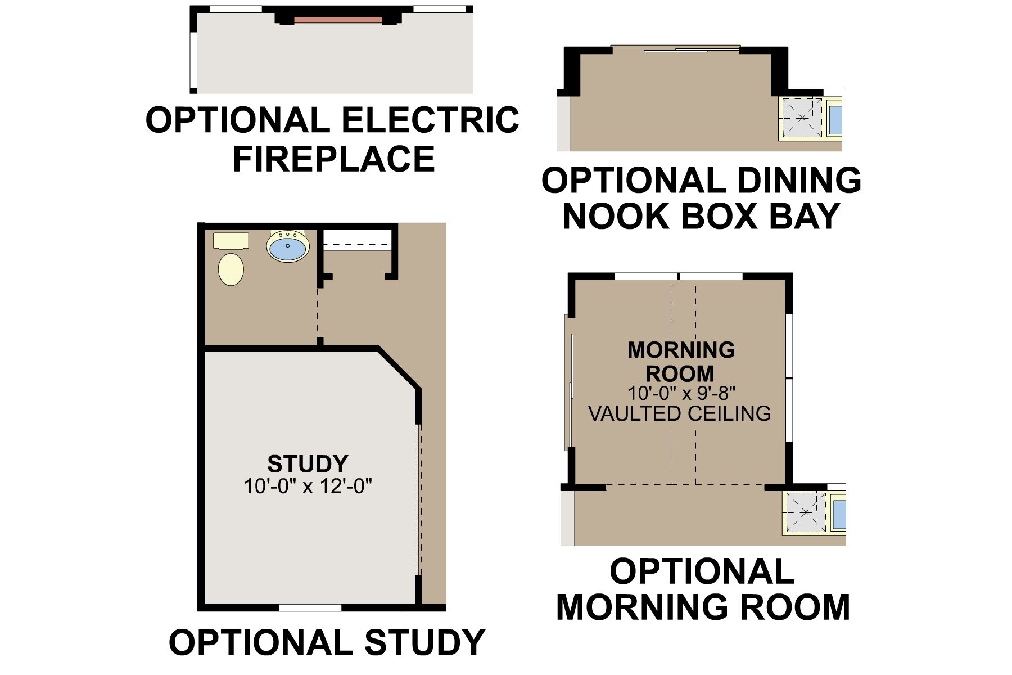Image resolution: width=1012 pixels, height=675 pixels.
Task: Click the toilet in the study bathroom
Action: [231, 260]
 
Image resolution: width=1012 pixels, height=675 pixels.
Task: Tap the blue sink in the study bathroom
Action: [288, 245]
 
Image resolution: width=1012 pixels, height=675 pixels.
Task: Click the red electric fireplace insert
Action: [338, 20]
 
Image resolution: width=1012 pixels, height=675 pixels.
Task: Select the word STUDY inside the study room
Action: [308, 464]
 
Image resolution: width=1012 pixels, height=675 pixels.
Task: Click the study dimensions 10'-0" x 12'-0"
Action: [308, 485]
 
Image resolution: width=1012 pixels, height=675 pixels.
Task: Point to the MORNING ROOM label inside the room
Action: [681, 362]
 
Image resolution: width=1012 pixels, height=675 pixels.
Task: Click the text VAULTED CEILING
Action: [680, 413]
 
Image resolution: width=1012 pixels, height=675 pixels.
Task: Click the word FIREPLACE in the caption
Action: [334, 159]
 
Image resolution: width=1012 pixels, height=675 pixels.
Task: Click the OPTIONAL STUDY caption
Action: [327, 642]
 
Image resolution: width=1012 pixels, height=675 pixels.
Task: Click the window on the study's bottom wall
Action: [310, 607]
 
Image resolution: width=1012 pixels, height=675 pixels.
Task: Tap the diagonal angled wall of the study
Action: [399, 369]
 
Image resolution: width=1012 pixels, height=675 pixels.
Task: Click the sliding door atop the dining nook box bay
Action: [675, 49]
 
